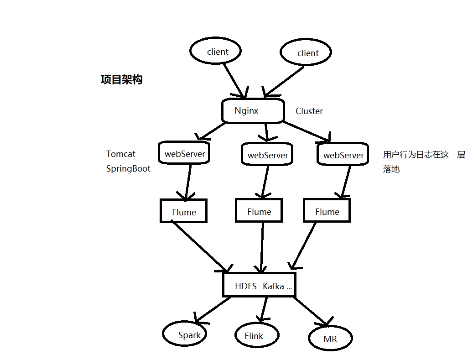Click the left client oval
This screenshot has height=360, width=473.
click(216, 51)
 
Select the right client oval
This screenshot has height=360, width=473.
click(306, 53)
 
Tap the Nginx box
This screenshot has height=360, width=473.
click(253, 111)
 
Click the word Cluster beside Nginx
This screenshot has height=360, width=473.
click(309, 111)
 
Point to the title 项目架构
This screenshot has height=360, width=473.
click(121, 79)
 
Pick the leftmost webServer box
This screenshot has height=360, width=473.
click(185, 153)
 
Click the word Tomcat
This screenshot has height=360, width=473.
click(121, 154)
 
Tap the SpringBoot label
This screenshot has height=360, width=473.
click(128, 168)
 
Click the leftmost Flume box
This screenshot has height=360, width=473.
click(183, 211)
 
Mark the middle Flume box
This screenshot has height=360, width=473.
click(259, 211)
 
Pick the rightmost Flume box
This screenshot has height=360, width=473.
click(327, 211)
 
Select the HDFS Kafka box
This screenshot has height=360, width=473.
click(259, 286)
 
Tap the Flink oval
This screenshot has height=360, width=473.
click(256, 336)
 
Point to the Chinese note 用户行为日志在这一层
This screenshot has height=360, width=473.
click(424, 155)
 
